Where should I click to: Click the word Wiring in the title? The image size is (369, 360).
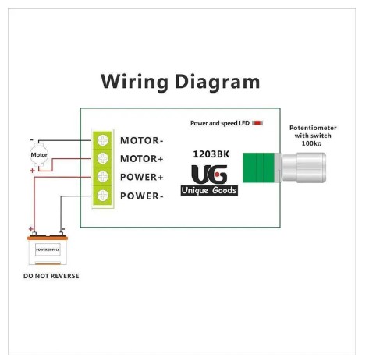pyautogui.click(x=135, y=83)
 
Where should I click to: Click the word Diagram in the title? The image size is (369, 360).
pyautogui.click(x=218, y=83)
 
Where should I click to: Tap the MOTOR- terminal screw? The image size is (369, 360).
pyautogui.click(x=103, y=140)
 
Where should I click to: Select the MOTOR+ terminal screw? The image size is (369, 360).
pyautogui.click(x=103, y=158)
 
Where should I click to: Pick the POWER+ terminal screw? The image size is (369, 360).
pyautogui.click(x=103, y=177)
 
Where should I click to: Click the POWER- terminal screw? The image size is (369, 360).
pyautogui.click(x=103, y=196)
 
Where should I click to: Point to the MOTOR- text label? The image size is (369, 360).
pyautogui.click(x=142, y=141)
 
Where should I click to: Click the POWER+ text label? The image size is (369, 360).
pyautogui.click(x=142, y=177)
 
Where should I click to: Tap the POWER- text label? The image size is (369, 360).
pyautogui.click(x=142, y=196)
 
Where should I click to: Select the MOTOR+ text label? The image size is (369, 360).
pyautogui.click(x=142, y=159)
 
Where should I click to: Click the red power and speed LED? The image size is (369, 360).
pyautogui.click(x=257, y=123)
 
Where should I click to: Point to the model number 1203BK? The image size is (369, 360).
pyautogui.click(x=211, y=154)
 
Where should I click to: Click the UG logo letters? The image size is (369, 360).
pyautogui.click(x=209, y=175)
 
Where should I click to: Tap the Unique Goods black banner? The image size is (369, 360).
pyautogui.click(x=209, y=190)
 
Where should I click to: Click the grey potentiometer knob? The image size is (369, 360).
pyautogui.click(x=303, y=168)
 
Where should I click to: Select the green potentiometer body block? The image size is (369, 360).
pyautogui.click(x=259, y=168)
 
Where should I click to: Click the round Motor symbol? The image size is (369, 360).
pyautogui.click(x=39, y=155)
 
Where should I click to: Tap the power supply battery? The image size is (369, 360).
pyautogui.click(x=48, y=249)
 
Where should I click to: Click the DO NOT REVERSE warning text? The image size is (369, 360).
pyautogui.click(x=51, y=276)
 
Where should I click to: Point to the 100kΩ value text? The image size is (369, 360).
pyautogui.click(x=311, y=143)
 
